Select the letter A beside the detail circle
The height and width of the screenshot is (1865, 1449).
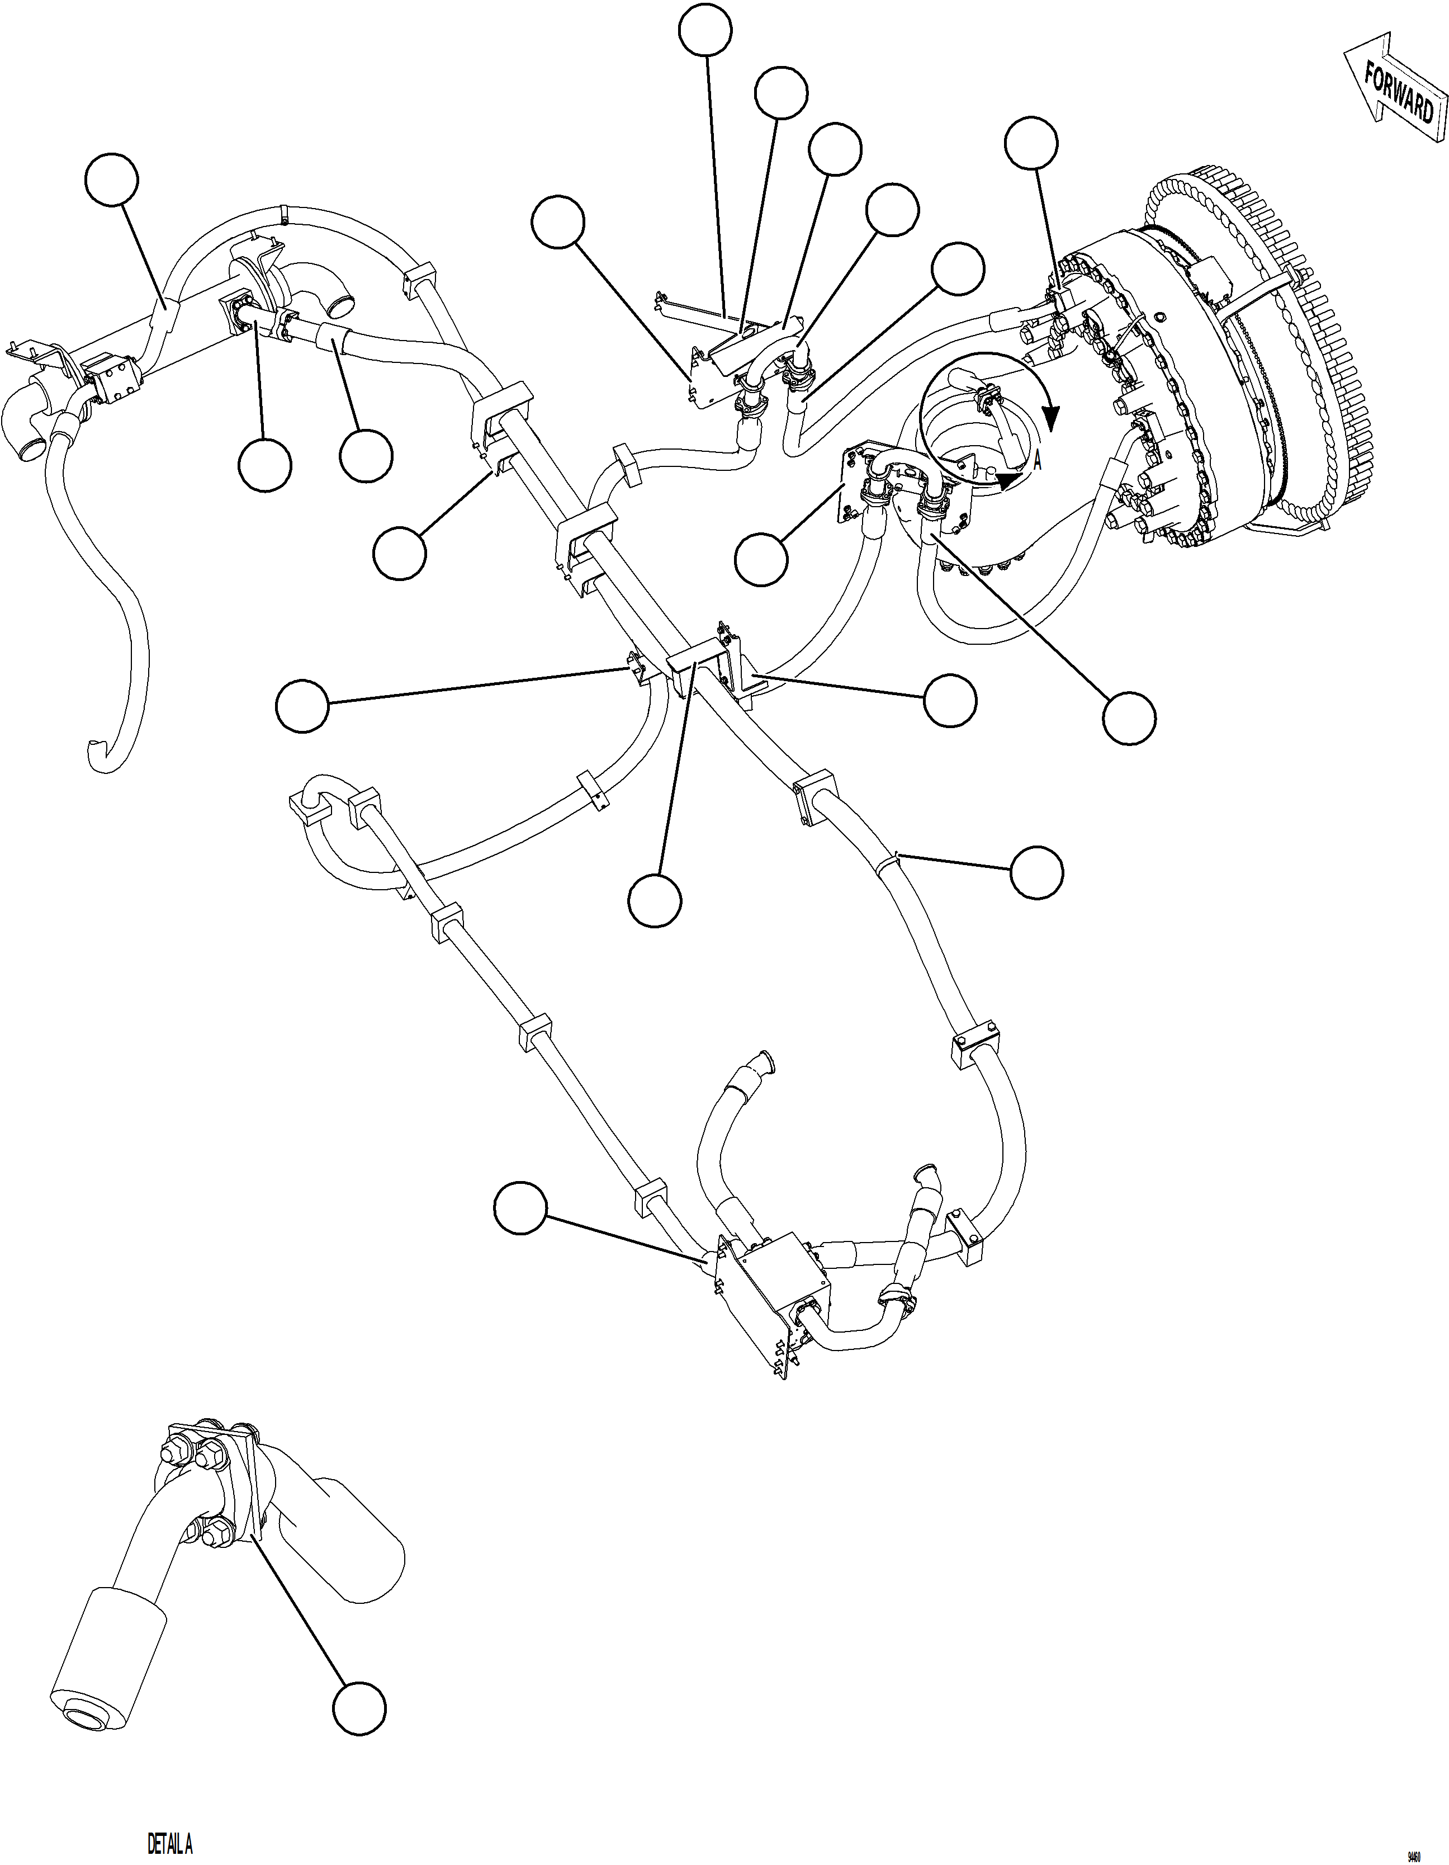point(1038,462)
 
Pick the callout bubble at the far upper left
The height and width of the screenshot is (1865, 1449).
point(113,180)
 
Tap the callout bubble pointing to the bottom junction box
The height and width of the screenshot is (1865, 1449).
point(520,1207)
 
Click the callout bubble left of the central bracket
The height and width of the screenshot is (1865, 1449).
point(302,705)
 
